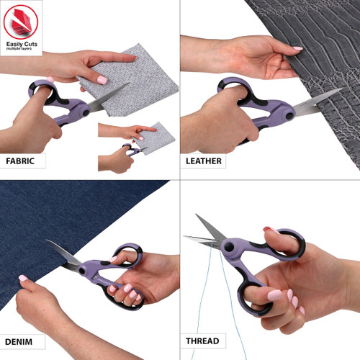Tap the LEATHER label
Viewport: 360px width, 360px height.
click(204, 161)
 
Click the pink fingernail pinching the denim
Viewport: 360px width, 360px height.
click(23, 278)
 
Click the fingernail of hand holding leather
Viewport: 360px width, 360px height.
click(297, 48)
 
